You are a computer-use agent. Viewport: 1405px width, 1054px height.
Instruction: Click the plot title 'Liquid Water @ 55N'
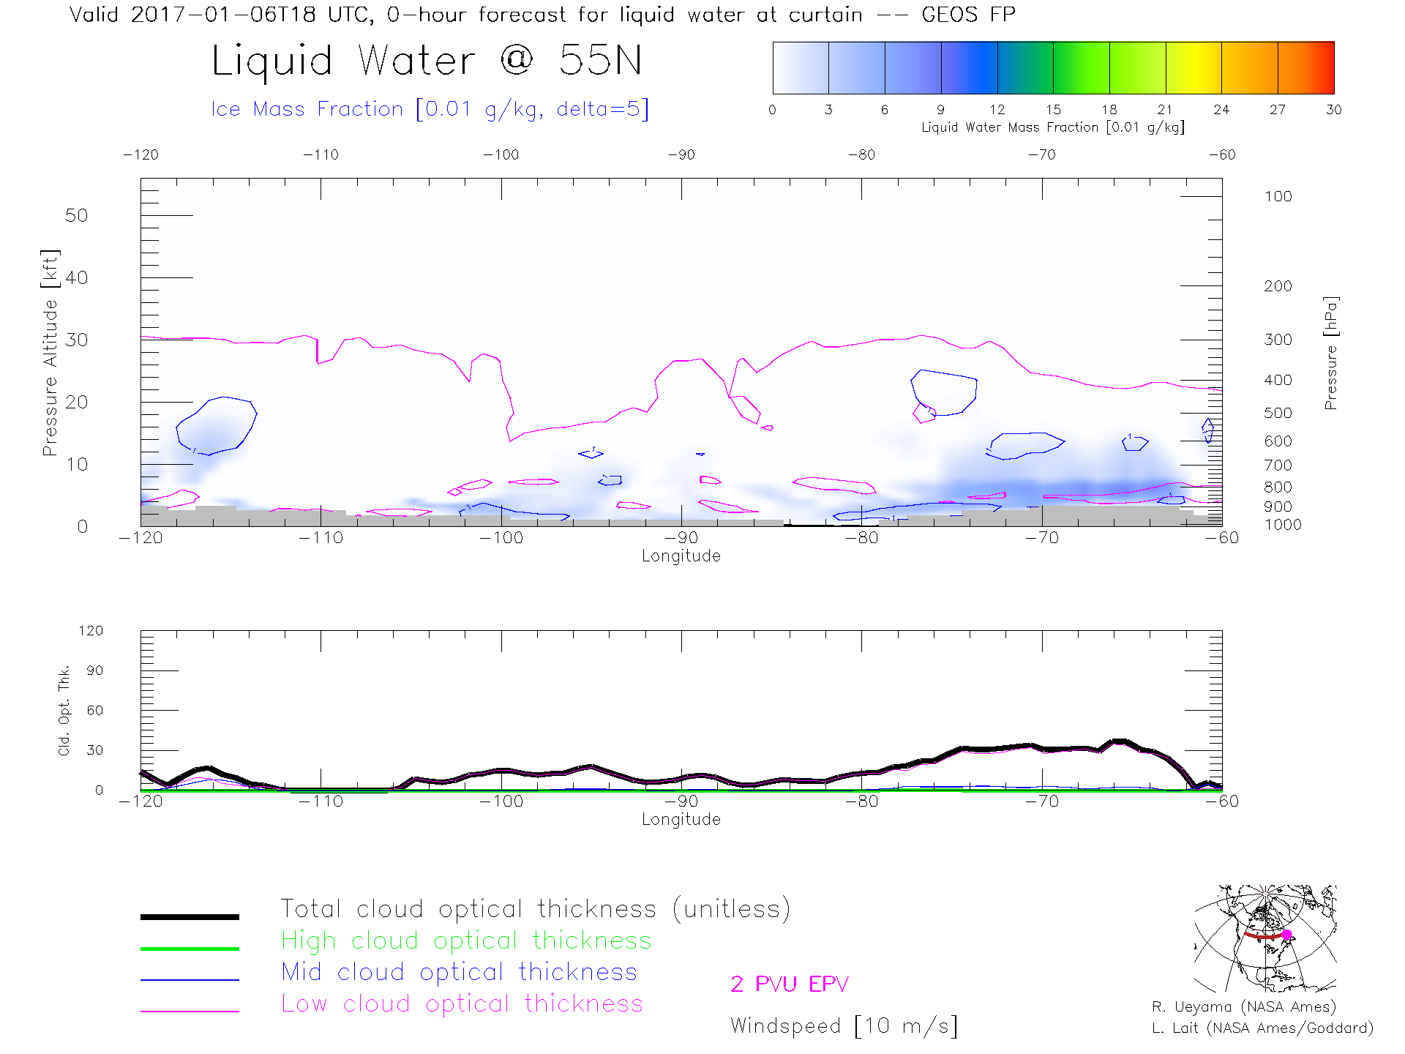pyautogui.click(x=427, y=60)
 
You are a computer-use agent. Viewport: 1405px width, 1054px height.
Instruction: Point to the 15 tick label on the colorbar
pyautogui.click(x=1053, y=110)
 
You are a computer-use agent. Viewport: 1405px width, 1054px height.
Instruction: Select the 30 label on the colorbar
pyautogui.click(x=1333, y=110)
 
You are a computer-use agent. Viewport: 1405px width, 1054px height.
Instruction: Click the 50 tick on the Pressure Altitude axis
pyautogui.click(x=76, y=216)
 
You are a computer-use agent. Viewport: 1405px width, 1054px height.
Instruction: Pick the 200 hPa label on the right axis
pyautogui.click(x=1278, y=286)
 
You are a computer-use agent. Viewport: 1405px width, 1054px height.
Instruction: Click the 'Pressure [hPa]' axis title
pyautogui.click(x=1330, y=353)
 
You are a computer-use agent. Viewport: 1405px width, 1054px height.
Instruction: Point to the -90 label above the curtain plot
pyautogui.click(x=681, y=155)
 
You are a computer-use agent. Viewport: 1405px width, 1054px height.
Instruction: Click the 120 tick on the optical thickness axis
pyautogui.click(x=91, y=631)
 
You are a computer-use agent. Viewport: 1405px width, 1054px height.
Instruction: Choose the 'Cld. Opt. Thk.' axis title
pyautogui.click(x=64, y=710)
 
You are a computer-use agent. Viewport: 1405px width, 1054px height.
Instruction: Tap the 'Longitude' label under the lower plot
pyautogui.click(x=681, y=819)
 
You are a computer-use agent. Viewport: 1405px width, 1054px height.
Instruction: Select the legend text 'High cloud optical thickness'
pyautogui.click(x=466, y=941)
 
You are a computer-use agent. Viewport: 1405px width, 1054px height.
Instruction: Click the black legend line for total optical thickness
pyautogui.click(x=190, y=916)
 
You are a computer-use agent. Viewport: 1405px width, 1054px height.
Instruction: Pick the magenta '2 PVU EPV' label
pyautogui.click(x=790, y=984)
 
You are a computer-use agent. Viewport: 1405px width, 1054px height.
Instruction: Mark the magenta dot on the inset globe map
pyautogui.click(x=1286, y=935)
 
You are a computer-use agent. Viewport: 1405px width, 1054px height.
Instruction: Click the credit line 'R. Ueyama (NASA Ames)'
pyautogui.click(x=1244, y=1007)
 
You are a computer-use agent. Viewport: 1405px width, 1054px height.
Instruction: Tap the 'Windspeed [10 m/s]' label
pyautogui.click(x=844, y=1026)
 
